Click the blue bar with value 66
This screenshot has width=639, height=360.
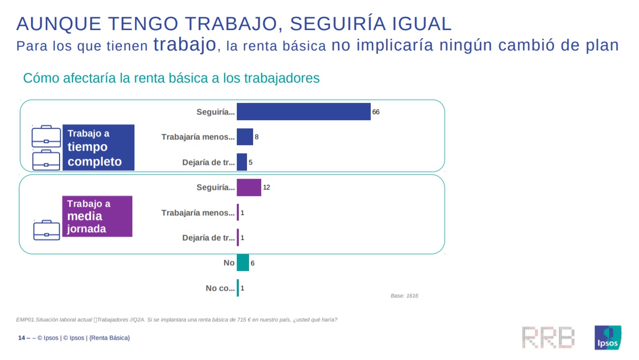click(x=303, y=112)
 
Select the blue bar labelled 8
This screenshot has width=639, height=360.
click(x=245, y=136)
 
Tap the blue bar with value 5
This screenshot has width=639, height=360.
click(x=242, y=162)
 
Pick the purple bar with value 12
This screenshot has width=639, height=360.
click(x=249, y=187)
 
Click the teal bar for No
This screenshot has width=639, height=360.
click(x=243, y=263)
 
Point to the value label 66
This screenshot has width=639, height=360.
click(x=376, y=112)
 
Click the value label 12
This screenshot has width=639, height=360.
click(x=266, y=187)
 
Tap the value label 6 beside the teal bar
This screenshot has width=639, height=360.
click(x=253, y=263)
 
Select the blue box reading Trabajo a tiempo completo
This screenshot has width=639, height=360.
click(x=98, y=148)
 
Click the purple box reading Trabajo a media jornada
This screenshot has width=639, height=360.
click(x=97, y=216)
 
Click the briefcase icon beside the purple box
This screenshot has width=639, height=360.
click(x=46, y=230)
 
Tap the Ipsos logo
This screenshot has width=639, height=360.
click(x=608, y=338)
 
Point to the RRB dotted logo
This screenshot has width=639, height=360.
click(x=548, y=338)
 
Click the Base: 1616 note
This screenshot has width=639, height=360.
click(x=404, y=296)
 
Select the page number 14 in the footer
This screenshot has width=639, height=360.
click(x=21, y=338)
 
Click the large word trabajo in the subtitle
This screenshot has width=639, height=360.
click(x=185, y=44)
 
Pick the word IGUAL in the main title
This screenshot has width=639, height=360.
click(x=422, y=23)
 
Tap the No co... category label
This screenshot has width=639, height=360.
click(x=220, y=288)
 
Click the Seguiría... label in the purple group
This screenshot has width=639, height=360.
click(x=216, y=187)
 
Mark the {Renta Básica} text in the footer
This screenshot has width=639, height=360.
click(x=109, y=338)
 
